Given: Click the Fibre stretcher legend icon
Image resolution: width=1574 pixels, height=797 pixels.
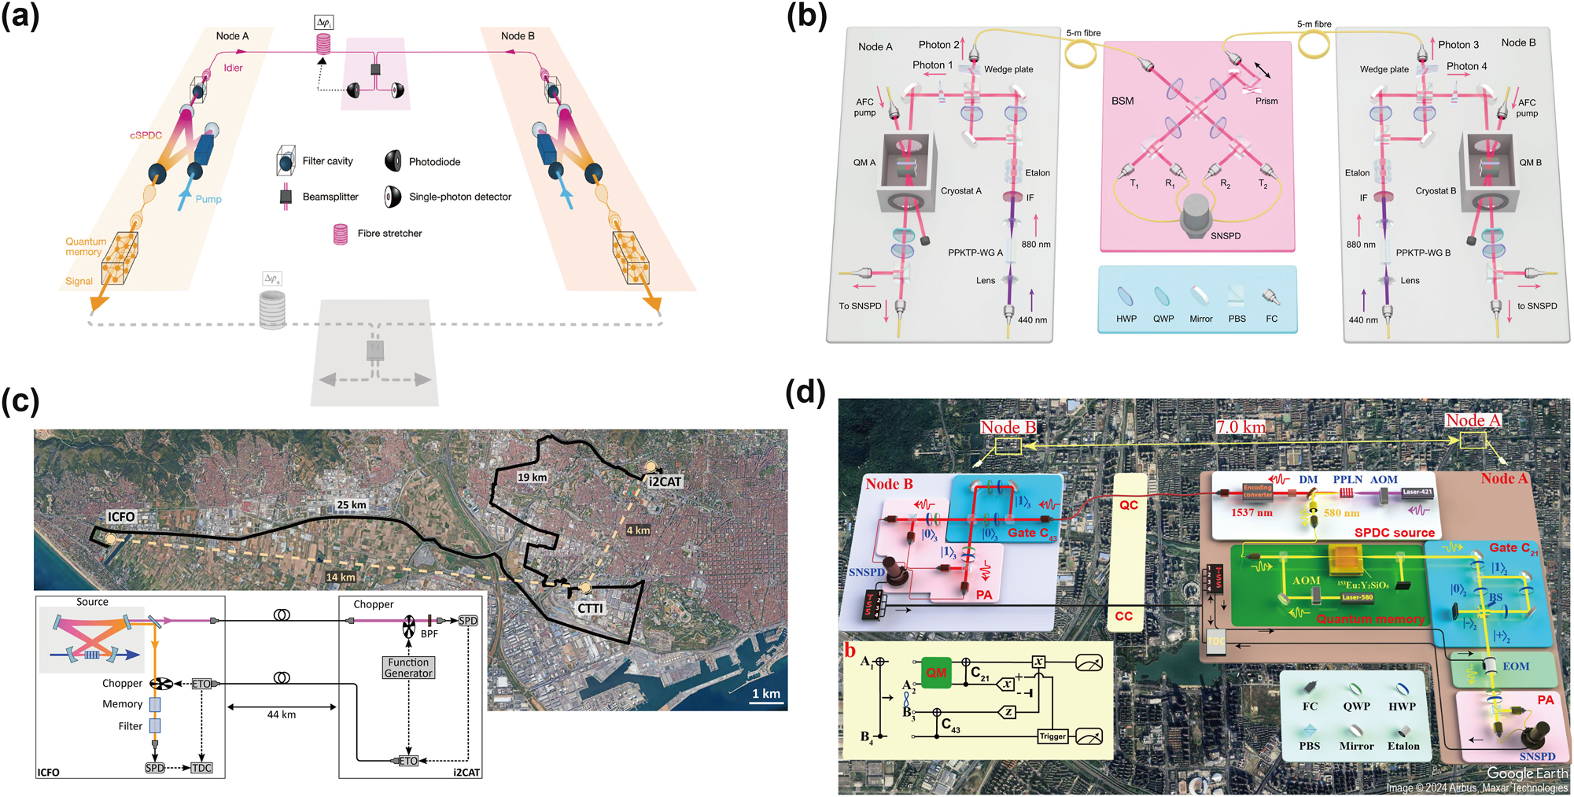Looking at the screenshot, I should [341, 234].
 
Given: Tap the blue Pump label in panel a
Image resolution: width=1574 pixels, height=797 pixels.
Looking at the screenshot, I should [208, 199].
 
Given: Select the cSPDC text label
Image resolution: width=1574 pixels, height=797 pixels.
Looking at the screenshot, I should [146, 135].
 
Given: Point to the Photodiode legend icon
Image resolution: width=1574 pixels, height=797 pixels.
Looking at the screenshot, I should [393, 161].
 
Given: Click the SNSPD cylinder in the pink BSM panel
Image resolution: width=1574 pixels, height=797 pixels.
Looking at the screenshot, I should [1199, 213].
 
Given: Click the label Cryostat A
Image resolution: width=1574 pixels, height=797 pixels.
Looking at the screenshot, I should [960, 191].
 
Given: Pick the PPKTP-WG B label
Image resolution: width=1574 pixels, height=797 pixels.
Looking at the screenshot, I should [1423, 253].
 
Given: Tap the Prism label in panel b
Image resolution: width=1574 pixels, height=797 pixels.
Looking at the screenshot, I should [1266, 101].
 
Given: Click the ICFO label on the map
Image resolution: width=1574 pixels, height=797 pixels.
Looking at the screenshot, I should [121, 517].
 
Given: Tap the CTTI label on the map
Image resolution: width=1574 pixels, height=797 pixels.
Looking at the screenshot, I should [590, 608].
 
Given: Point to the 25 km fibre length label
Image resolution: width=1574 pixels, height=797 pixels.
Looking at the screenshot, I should [352, 505].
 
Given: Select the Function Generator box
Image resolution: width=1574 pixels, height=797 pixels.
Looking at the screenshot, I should [408, 668].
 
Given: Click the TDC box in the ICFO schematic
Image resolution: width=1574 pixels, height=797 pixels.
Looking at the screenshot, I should [201, 768].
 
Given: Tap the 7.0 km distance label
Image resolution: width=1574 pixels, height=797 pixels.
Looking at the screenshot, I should [1240, 427].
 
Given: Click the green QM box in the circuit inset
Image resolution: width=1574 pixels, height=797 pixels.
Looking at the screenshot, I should [936, 673].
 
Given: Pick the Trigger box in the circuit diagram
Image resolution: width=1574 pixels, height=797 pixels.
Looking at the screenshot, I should [1052, 736].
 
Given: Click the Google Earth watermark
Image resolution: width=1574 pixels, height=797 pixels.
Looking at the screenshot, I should [1526, 773].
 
